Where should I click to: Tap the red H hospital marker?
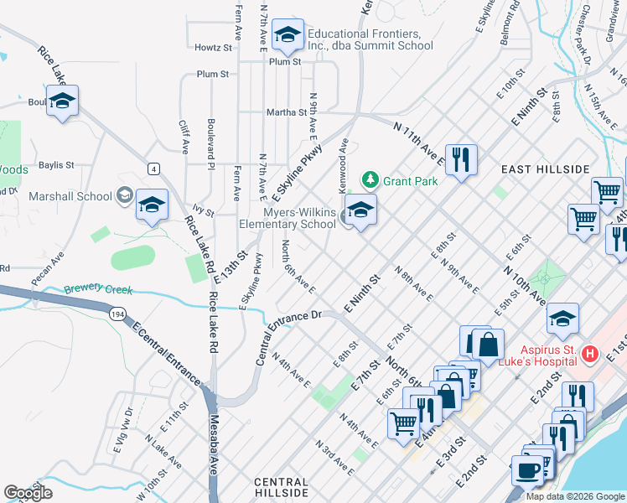pos(589,354)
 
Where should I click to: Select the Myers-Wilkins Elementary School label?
pos(288,218)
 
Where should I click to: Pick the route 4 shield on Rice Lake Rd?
pos(153,169)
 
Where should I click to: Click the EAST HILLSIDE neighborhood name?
pos(546,169)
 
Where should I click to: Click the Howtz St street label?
pos(212,48)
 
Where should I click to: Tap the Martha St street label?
pos(287,112)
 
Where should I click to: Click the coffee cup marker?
pos(527,470)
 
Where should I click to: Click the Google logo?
pos(28,493)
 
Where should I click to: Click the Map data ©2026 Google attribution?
pos(575,496)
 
